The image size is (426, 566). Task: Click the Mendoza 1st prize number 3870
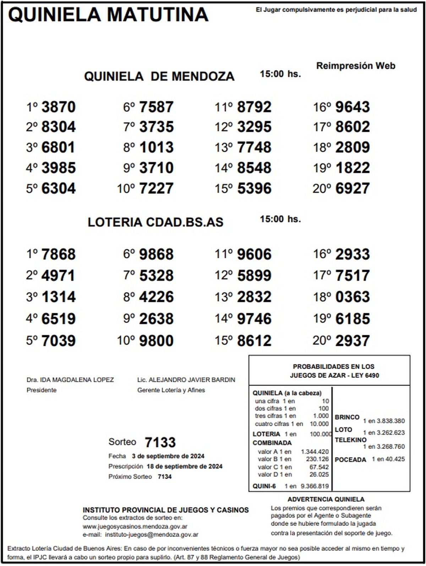click(x=59, y=107)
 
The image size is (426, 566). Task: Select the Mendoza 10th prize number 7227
click(x=156, y=188)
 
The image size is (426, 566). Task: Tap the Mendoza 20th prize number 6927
click(x=353, y=188)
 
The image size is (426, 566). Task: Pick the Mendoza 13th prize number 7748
click(x=254, y=147)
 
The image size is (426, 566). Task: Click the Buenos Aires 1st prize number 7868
click(x=59, y=254)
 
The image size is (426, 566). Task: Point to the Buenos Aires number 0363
click(x=353, y=297)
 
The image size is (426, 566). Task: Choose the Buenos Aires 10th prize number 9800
click(x=156, y=341)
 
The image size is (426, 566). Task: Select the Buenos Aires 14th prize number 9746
click(x=254, y=319)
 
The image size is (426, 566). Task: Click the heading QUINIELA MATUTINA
click(x=108, y=15)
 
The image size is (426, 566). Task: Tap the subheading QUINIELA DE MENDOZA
click(x=159, y=76)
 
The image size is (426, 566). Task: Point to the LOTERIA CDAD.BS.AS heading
click(x=155, y=222)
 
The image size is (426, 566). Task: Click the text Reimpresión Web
click(x=356, y=66)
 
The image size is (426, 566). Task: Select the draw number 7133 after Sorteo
click(x=160, y=442)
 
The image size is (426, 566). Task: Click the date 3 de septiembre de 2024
click(x=168, y=456)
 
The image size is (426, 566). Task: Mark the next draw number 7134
click(x=165, y=477)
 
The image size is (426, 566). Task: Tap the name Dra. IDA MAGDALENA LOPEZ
click(x=70, y=380)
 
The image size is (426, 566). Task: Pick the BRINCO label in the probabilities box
click(x=347, y=417)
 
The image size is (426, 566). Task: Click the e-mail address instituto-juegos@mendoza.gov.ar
click(x=152, y=534)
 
